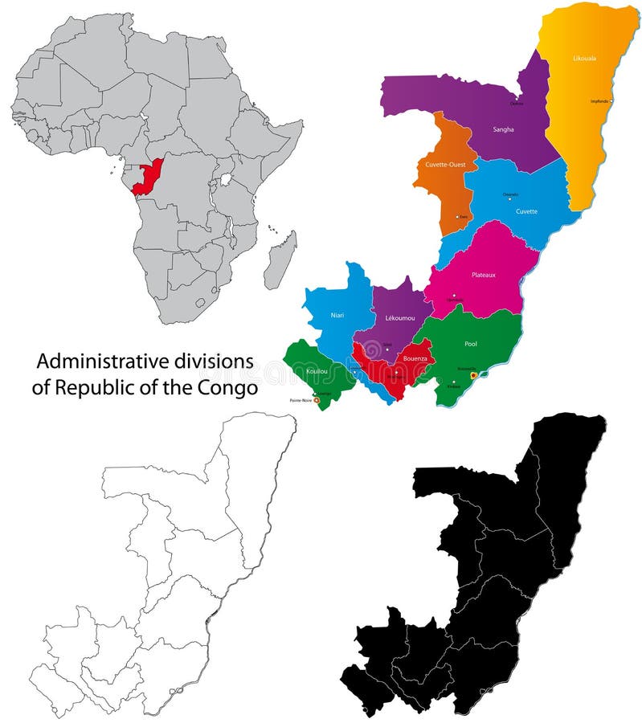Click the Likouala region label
click(585, 59)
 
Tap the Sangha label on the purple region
click(503, 129)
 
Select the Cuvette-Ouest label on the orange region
click(444, 165)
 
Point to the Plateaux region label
click(484, 275)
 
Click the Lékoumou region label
click(400, 319)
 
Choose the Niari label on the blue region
click(337, 315)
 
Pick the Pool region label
click(471, 343)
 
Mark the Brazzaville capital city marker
click(473, 374)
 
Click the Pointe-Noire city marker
click(317, 399)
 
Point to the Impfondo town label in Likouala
click(600, 101)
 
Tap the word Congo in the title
click(230, 387)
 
